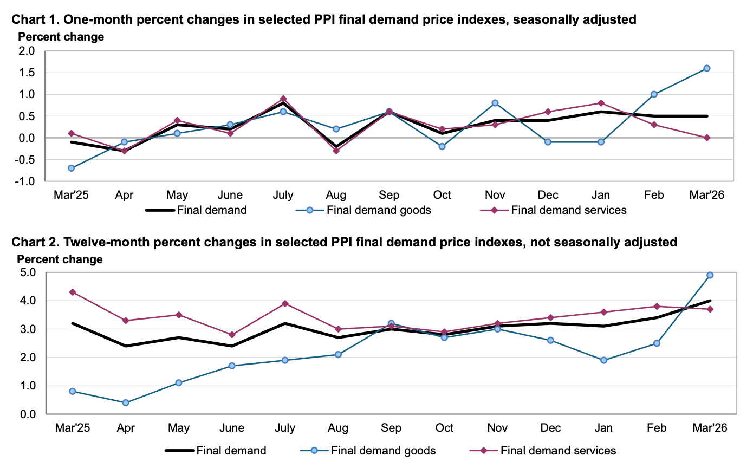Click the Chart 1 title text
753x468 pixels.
tap(323, 20)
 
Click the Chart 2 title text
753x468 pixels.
tap(344, 242)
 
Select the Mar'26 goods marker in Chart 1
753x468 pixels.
tap(707, 68)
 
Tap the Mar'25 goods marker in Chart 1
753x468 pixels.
tap(72, 168)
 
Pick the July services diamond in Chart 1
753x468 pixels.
tap(283, 99)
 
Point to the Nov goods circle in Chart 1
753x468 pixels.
tap(495, 103)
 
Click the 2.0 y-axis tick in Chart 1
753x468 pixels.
tap(28, 51)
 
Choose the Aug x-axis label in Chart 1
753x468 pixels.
tap(336, 195)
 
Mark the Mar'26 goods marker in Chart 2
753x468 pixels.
tap(710, 275)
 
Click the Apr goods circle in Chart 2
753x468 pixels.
tap(126, 403)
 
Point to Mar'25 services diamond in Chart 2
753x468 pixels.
tap(73, 292)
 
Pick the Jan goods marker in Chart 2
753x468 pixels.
tap(603, 360)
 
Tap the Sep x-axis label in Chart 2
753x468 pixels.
tap(391, 428)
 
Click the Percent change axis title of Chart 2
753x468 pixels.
tap(60, 259)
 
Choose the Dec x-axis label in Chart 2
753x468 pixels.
tap(550, 428)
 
